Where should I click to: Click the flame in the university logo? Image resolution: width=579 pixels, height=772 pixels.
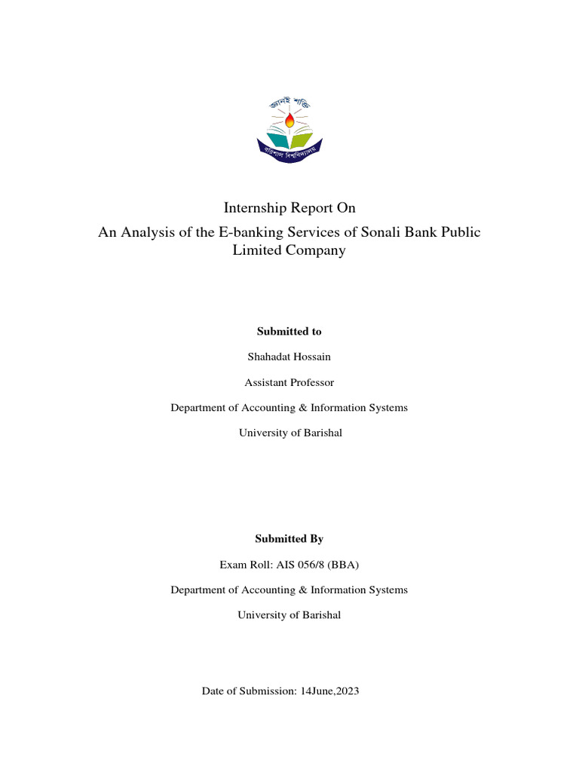[x=289, y=120]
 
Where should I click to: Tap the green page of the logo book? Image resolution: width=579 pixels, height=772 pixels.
[x=302, y=139]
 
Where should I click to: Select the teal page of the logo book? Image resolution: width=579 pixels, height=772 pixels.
[x=277, y=139]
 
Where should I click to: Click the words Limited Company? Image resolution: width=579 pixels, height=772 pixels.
[x=289, y=251]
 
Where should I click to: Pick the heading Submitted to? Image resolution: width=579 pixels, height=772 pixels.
[x=289, y=331]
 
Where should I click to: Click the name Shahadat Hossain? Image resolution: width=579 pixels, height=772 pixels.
[x=289, y=357]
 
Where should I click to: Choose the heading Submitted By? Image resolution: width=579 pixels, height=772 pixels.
[x=289, y=539]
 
